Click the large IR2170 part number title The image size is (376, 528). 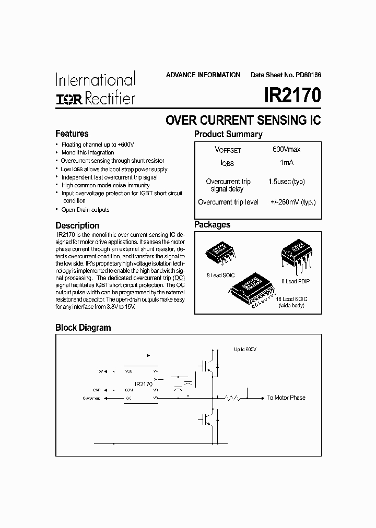tap(292, 96)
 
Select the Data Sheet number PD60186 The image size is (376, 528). tap(286, 75)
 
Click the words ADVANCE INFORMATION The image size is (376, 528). tap(203, 75)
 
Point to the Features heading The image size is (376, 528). tap(72, 134)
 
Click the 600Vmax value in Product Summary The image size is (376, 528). tap(286, 149)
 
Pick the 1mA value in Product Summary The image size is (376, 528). tap(287, 163)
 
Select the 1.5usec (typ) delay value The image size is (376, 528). tap(287, 182)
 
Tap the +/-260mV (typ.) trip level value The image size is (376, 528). tap(293, 202)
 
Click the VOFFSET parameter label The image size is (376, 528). tap(228, 150)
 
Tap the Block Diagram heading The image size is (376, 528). tap(83, 328)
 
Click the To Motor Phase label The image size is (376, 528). tap(286, 398)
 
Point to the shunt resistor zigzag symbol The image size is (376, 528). tap(231, 398)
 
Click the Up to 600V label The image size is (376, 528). tap(245, 349)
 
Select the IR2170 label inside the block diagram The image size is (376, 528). tap(144, 383)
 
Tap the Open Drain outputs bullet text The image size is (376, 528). tap(86, 210)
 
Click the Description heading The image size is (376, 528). tap(77, 225)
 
